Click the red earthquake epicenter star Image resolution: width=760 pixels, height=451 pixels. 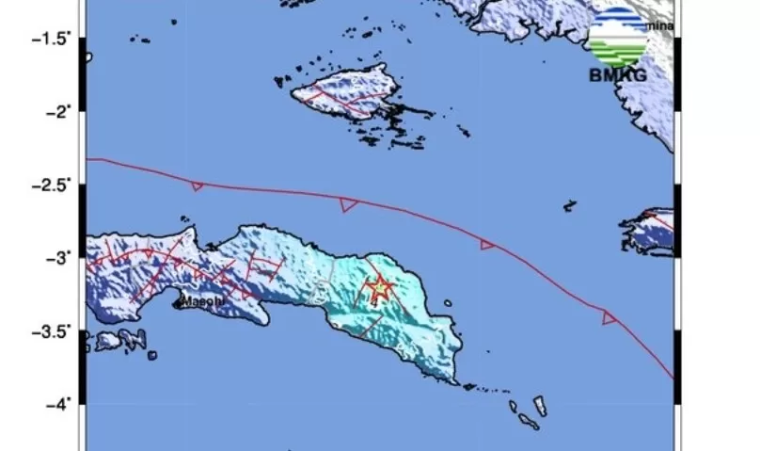tap(379, 288)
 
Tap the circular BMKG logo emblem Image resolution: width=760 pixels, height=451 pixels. tap(617, 36)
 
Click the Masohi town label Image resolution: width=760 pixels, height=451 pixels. tap(202, 301)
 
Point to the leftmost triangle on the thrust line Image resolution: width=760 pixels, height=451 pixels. tap(197, 186)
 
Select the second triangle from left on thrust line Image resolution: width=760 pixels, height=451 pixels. tap(348, 204)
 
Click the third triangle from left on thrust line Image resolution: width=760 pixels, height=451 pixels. tap(487, 245)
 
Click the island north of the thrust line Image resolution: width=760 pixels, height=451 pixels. tap(342, 93)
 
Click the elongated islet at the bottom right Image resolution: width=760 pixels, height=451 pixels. tap(541, 406)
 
